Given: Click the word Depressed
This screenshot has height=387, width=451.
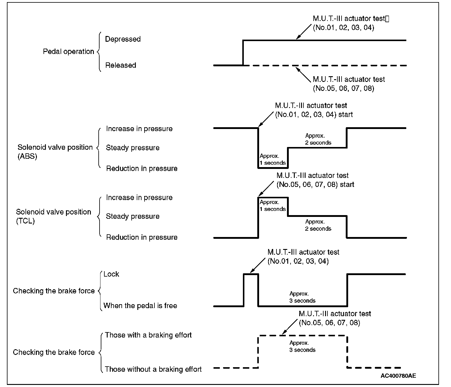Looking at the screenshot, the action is (x=123, y=39).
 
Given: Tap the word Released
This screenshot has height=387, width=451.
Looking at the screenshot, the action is (x=121, y=65).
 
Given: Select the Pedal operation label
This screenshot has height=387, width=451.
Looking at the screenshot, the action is (x=68, y=52).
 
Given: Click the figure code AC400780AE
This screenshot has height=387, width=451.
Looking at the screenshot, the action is (x=398, y=376).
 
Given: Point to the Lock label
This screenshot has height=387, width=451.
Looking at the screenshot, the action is (x=111, y=274).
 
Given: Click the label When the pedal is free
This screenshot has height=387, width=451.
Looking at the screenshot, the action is (x=140, y=306).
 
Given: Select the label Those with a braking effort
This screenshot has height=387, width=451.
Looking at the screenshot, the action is (x=148, y=335).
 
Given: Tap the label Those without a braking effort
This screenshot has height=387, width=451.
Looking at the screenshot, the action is (x=153, y=369).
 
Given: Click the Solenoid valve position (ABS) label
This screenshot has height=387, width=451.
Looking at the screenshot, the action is (x=55, y=152).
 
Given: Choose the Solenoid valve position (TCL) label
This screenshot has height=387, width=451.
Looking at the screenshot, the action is (x=53, y=216).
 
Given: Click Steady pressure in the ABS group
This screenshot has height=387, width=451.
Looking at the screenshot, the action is (x=133, y=148).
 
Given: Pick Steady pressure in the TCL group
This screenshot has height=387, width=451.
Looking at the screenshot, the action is (x=133, y=216).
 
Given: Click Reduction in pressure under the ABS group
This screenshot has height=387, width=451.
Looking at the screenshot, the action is (x=142, y=169).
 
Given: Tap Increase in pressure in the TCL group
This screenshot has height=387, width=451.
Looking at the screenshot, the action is (x=139, y=197).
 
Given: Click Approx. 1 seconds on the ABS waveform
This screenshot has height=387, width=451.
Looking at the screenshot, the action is (x=273, y=159).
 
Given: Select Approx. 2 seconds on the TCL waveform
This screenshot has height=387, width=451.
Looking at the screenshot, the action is (x=318, y=225).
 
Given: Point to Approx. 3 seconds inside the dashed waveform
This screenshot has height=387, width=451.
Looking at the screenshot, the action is (x=302, y=346).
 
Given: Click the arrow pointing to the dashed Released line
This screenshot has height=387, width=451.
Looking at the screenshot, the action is (x=303, y=74).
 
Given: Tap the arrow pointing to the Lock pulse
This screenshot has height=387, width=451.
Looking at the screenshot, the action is (x=258, y=265).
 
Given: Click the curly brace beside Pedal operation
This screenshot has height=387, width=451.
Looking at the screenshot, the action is (x=98, y=52).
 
